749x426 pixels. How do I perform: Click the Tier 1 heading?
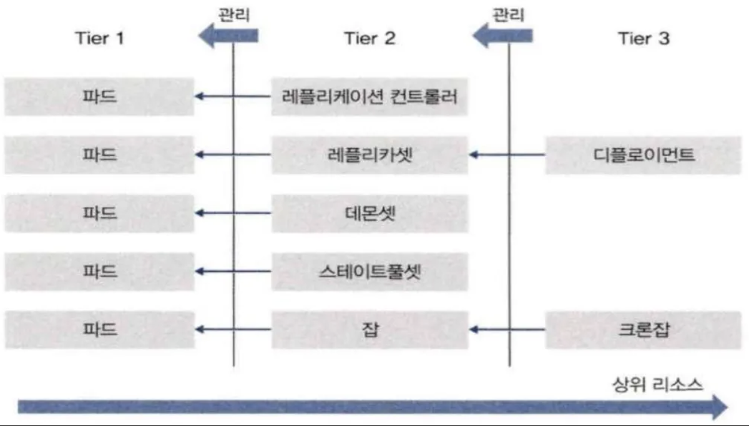100,38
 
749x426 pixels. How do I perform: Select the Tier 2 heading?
370,38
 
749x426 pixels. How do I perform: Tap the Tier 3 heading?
644,38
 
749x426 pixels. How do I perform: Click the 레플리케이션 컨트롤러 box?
369,97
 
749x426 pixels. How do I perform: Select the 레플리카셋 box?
370,155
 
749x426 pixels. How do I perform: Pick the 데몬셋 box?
370,213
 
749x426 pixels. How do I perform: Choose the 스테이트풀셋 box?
370,271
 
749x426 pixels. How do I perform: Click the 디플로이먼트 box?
644,155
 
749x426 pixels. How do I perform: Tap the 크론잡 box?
644,330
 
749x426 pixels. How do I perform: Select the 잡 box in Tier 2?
370,330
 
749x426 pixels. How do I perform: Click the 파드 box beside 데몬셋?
99,213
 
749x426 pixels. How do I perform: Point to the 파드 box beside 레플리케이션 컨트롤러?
99,97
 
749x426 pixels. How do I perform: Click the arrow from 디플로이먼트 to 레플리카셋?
507,155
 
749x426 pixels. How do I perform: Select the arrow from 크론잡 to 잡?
507,330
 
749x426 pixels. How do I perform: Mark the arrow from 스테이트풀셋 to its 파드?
233,271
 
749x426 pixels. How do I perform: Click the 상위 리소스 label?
657,385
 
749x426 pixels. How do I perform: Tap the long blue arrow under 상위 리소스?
373,407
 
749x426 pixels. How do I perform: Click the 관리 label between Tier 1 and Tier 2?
234,15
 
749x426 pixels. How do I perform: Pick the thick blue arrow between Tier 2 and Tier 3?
502,36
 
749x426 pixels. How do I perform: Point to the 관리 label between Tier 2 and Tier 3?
508,15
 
